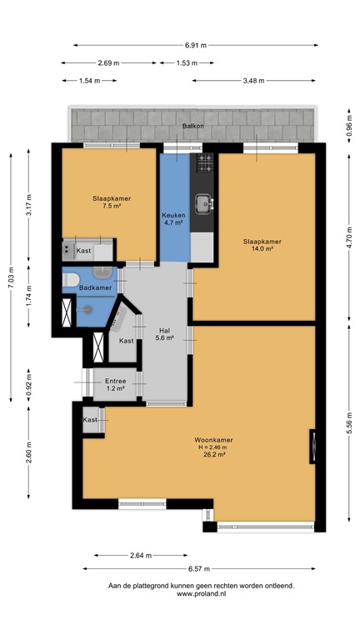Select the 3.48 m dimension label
tap(253, 81)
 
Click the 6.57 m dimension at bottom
tap(198, 568)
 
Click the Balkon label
tap(192, 127)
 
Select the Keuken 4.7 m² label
tap(174, 219)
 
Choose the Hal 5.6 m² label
tap(165, 333)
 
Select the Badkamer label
tap(94, 288)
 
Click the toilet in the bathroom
tap(71, 280)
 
